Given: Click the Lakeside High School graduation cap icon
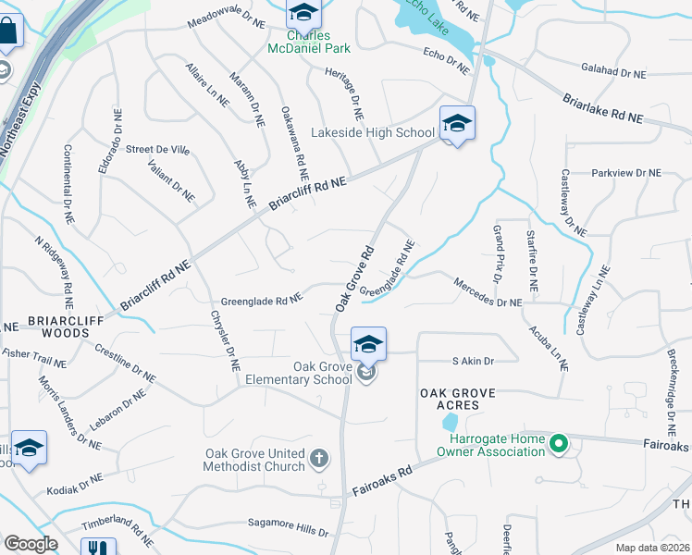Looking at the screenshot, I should [457, 123].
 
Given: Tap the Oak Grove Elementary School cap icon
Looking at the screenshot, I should [368, 345].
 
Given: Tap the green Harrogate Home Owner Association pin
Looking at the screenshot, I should [558, 446].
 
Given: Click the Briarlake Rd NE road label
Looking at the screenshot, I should [602, 108].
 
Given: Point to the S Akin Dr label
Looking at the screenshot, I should [473, 361].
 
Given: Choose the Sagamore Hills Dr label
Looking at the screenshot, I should [287, 527].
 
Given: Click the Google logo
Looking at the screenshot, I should [31, 544].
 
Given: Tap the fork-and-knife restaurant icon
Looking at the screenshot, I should [97, 548].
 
